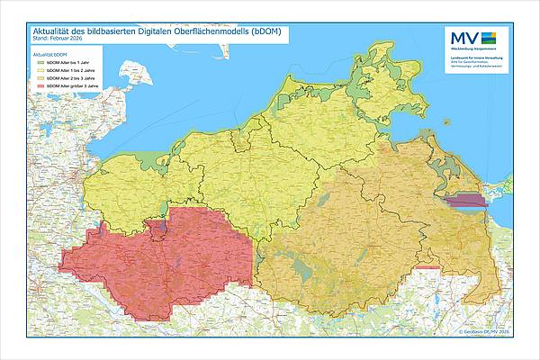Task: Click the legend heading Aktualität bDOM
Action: [x=50, y=55]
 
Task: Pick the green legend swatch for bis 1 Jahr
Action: [x=40, y=62]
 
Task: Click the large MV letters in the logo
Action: [x=463, y=38]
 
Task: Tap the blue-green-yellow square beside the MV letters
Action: [x=489, y=37]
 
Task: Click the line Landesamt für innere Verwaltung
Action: [x=478, y=57]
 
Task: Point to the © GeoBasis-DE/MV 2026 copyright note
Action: [x=483, y=331]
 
